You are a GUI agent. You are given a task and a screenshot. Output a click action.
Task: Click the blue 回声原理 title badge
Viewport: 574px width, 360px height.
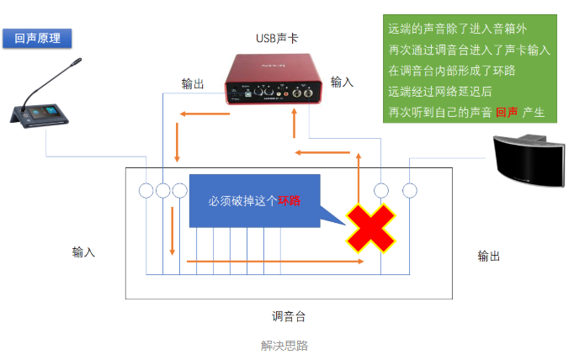coord(37,39)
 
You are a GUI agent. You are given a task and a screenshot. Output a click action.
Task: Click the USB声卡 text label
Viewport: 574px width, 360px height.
coord(277,38)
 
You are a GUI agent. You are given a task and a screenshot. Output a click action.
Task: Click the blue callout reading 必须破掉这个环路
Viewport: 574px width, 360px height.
coord(255,201)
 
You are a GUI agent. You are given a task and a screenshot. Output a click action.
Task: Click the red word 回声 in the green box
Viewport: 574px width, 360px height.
coord(507,112)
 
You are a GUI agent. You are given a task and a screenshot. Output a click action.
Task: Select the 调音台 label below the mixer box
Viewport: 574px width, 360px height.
coord(288,316)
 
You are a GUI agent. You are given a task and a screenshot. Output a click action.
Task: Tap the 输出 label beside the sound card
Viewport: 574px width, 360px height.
coord(193,83)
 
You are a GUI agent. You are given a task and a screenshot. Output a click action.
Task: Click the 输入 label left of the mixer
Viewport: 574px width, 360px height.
coord(83,251)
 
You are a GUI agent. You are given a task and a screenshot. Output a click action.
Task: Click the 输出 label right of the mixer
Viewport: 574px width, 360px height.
coord(489,256)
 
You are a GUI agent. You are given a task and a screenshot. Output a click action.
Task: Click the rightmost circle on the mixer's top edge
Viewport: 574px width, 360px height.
coord(410,190)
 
